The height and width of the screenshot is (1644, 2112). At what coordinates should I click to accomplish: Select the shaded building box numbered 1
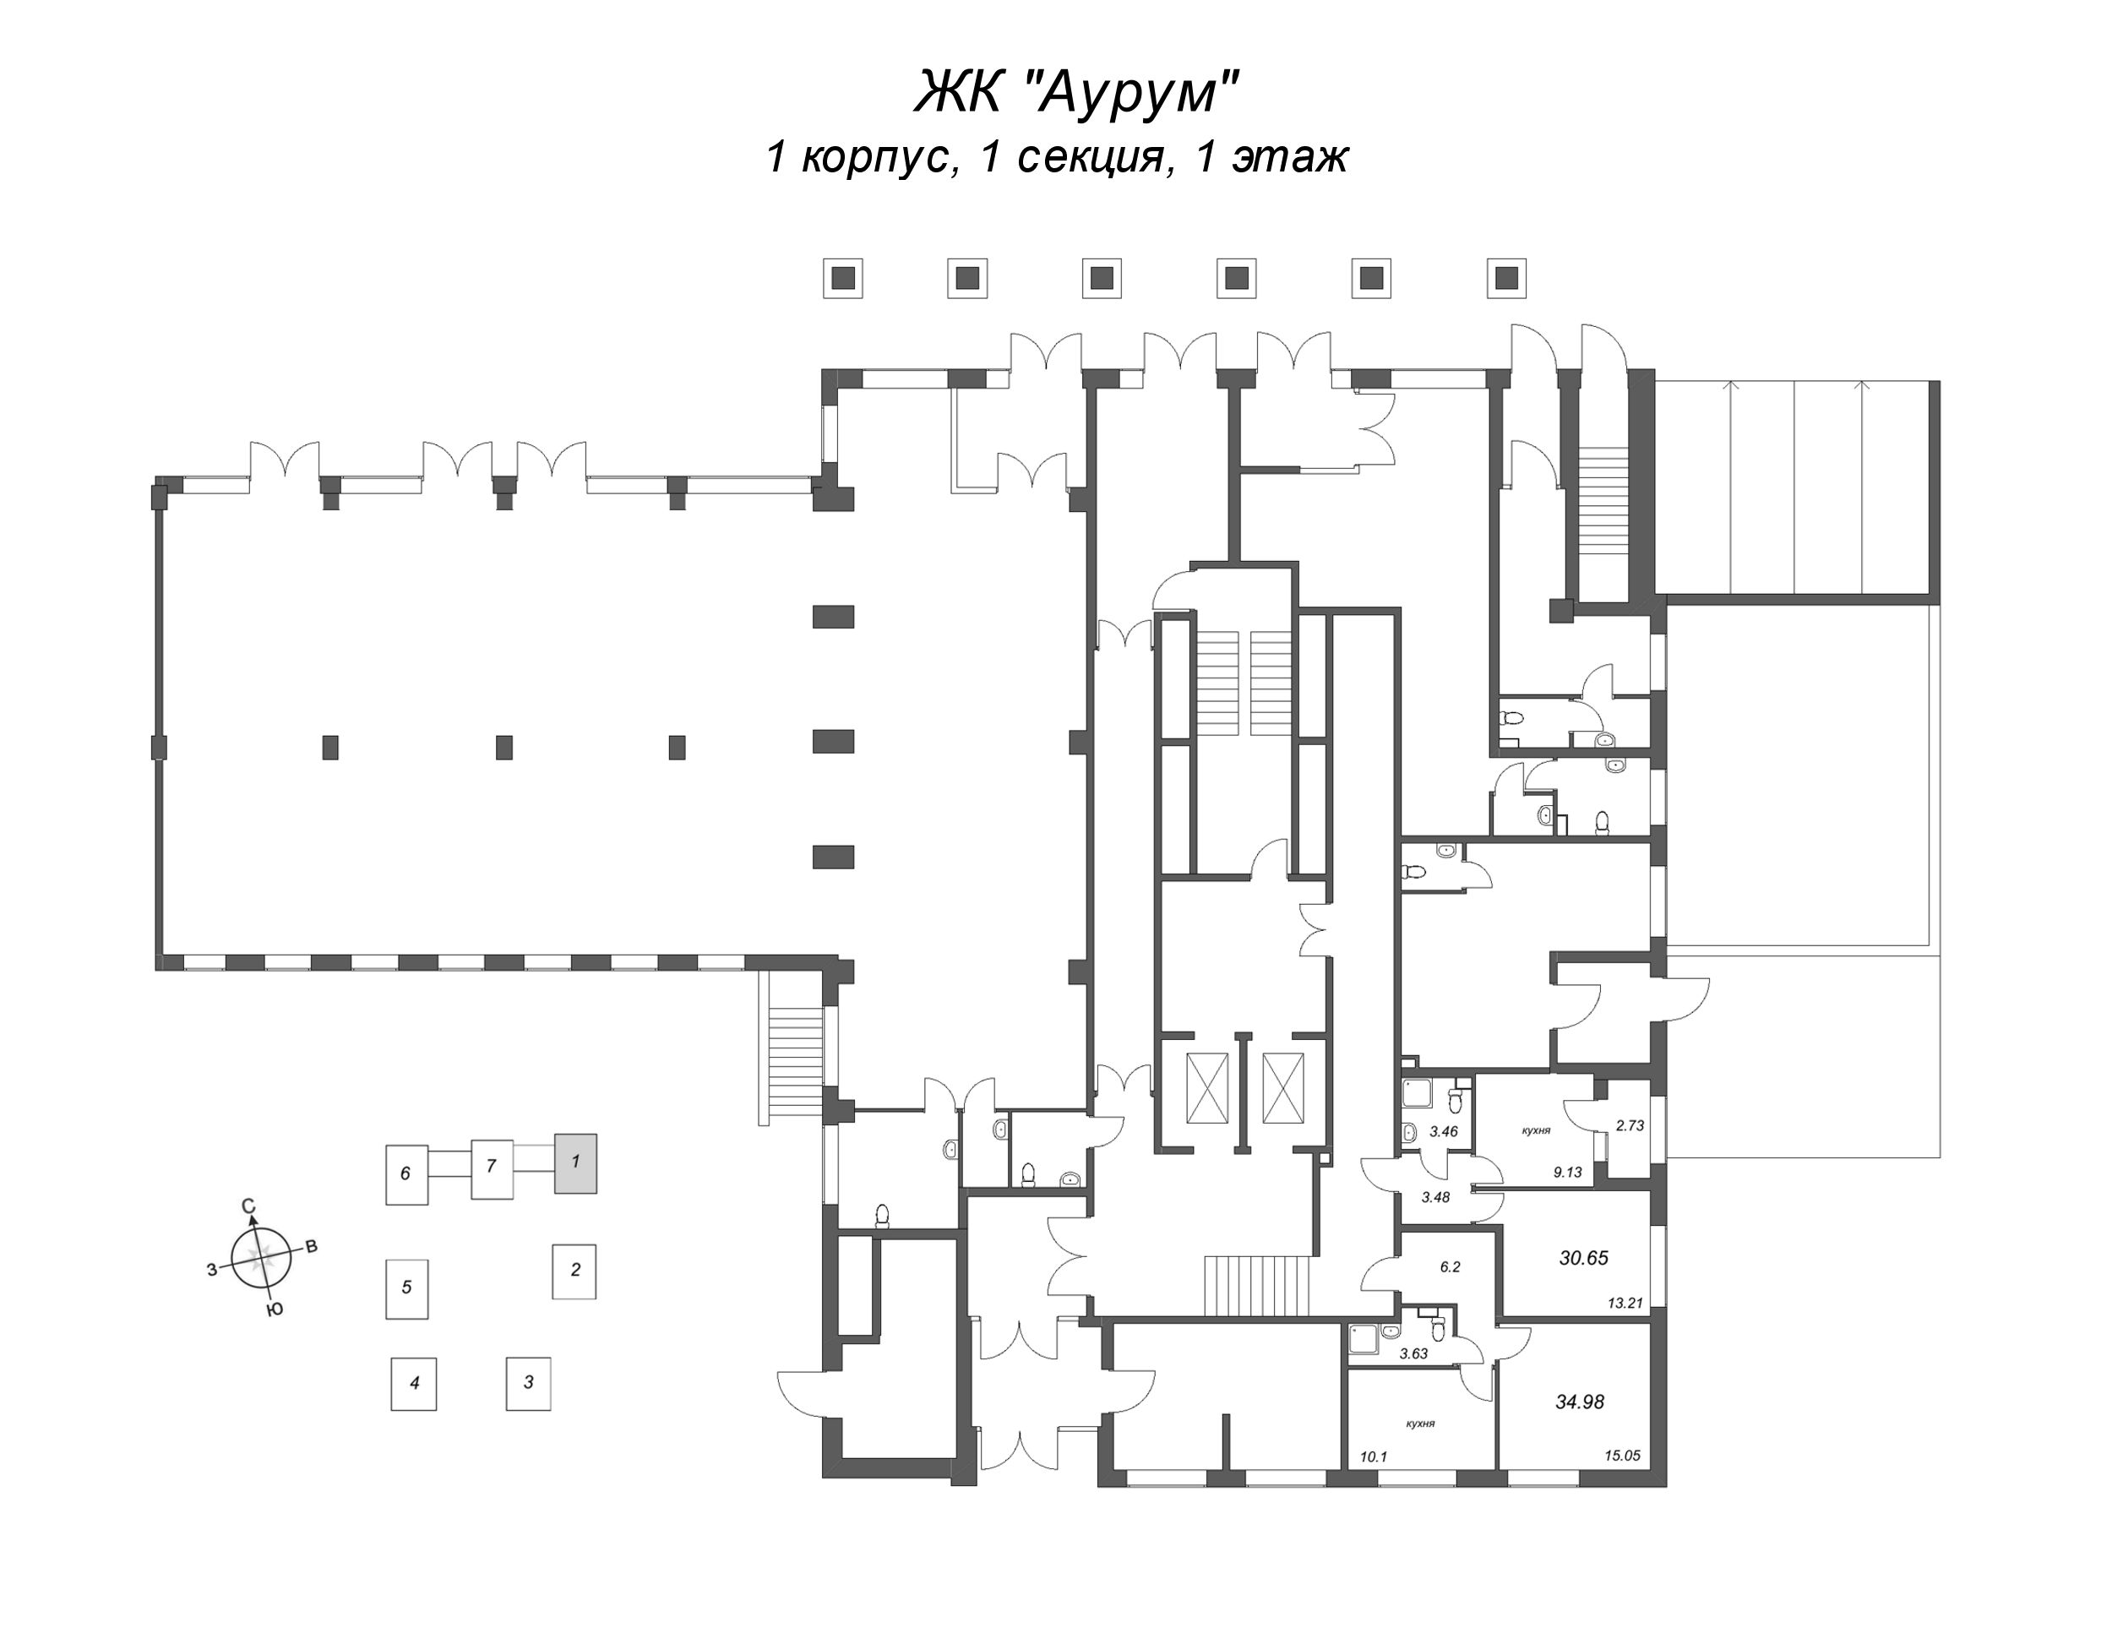574,1162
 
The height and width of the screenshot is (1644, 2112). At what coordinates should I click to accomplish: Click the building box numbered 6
406,1174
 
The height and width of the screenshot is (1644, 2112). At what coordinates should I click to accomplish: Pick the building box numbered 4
414,1383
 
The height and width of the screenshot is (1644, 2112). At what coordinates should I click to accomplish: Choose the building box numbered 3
528,1382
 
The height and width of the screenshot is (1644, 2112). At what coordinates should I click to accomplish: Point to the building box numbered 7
492,1168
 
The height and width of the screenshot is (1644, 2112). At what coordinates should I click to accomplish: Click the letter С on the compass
248,1206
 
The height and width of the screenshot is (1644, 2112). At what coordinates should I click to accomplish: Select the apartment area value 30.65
1583,1258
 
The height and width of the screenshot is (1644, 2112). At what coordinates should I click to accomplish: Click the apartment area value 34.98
1579,1402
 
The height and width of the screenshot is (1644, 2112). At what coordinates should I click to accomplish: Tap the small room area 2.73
1630,1125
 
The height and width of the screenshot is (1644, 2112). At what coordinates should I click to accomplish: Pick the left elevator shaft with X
1206,1088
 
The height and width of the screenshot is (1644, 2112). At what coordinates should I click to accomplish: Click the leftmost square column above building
842,279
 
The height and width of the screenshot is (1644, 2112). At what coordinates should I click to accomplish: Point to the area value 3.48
1436,1196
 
